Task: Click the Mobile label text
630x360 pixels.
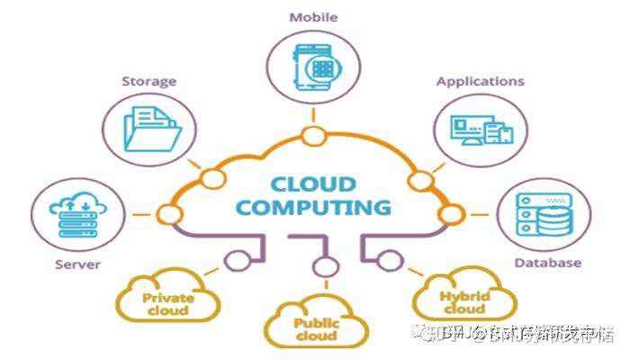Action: [x=312, y=17]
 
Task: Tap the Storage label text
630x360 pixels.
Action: [x=149, y=82]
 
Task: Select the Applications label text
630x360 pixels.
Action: [x=481, y=82]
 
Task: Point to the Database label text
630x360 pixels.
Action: [x=547, y=263]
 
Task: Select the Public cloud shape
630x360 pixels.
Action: [x=315, y=327]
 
